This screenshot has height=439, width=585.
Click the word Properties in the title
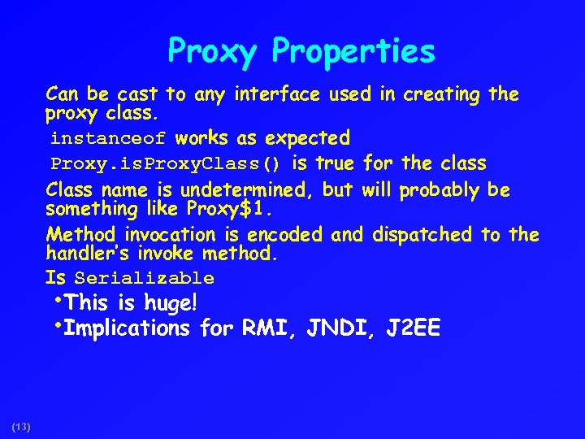coord(353,52)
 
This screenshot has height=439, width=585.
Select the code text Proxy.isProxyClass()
coord(166,164)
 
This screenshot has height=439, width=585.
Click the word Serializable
coord(144,279)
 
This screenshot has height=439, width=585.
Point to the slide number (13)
coord(21,426)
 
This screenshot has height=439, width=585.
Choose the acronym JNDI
coord(336,328)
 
